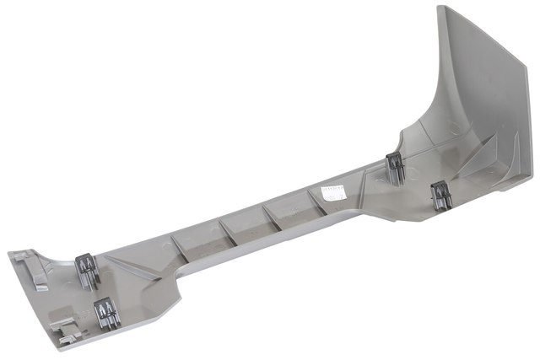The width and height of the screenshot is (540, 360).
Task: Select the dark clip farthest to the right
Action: point(441,196)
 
